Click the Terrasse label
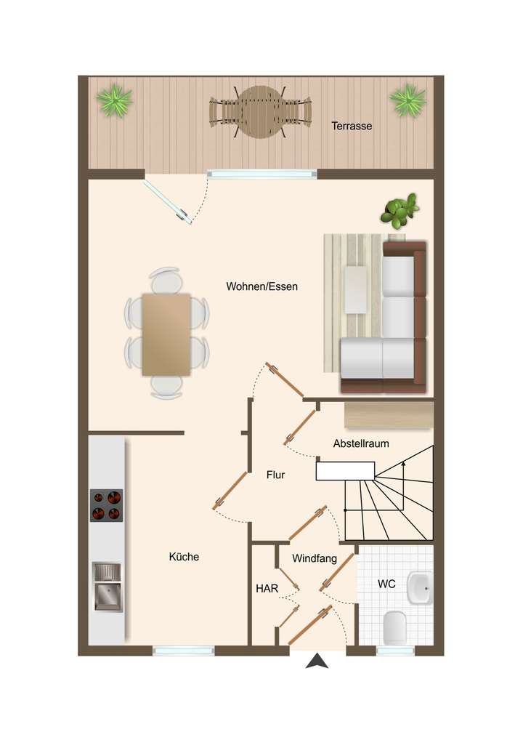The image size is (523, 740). click(352, 126)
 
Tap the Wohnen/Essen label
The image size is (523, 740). click(261, 286)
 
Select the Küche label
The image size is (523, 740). click(184, 557)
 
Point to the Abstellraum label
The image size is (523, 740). click(361, 443)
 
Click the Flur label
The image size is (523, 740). click(275, 475)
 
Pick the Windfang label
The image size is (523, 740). click(315, 559)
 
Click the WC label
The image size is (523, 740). click(386, 584)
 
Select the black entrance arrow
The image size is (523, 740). click(317, 661)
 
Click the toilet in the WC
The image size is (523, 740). click(394, 626)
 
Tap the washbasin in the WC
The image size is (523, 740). click(419, 587)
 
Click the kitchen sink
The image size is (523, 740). click(107, 587)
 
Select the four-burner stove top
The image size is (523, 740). click(106, 505)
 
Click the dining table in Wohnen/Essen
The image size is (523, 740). click(166, 334)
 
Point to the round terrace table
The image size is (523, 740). click(261, 112)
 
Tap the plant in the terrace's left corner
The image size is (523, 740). click(115, 100)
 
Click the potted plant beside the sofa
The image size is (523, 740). click(400, 210)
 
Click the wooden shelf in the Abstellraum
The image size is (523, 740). click(389, 414)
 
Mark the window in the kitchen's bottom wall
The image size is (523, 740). click(184, 651)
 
